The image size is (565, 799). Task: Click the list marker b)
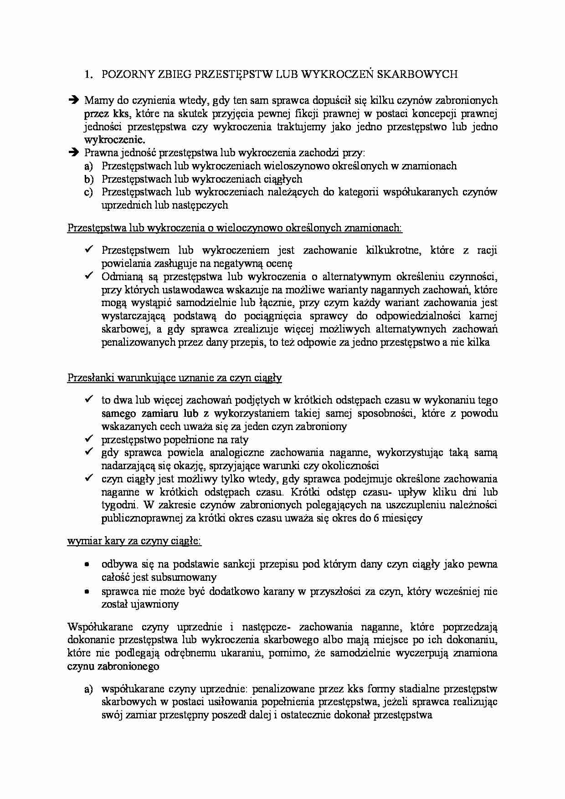tap(88, 179)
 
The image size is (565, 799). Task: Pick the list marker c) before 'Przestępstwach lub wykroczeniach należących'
tap(88, 192)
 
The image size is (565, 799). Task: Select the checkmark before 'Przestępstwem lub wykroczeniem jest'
tap(89, 250)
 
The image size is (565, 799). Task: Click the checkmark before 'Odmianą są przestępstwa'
tap(89, 276)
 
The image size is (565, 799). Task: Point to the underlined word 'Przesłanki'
tap(90, 378)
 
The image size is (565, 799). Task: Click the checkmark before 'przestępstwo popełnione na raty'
tap(89, 439)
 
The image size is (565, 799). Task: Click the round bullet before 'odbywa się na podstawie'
tap(87, 564)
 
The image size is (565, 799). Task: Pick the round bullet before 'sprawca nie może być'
tap(87, 592)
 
